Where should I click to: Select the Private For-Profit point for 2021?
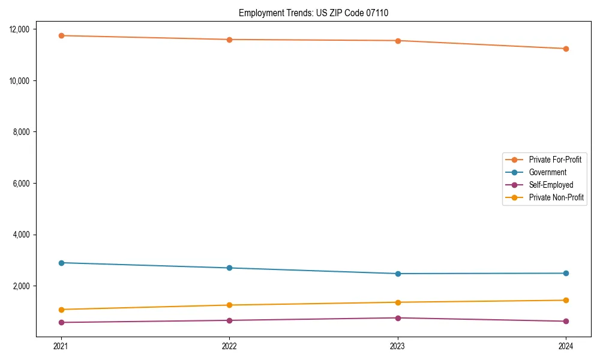(x=61, y=35)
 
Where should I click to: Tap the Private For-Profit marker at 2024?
(x=566, y=49)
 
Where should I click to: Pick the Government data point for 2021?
(x=61, y=263)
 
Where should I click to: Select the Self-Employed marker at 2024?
(x=566, y=321)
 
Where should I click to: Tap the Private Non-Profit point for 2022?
(x=229, y=305)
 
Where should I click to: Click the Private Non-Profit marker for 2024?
(x=566, y=300)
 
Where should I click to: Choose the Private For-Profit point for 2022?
(x=229, y=40)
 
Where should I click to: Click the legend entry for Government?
(x=547, y=172)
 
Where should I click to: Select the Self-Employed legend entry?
(x=551, y=185)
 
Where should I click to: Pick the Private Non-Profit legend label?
(x=556, y=197)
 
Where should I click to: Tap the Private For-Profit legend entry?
(x=555, y=160)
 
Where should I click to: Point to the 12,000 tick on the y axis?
(x=23, y=29)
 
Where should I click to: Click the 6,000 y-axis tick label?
(x=25, y=184)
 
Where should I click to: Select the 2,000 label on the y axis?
(x=25, y=286)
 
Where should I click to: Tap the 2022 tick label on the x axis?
(x=229, y=346)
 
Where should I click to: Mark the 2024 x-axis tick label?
(x=566, y=346)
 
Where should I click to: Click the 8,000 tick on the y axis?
(x=25, y=132)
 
